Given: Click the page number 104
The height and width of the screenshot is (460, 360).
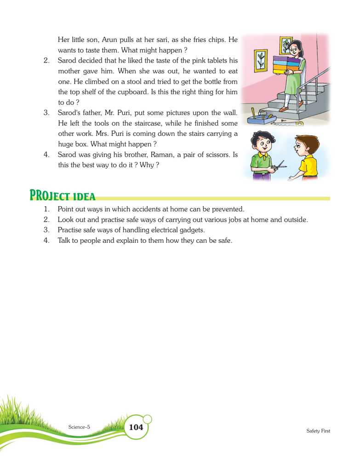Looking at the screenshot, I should pos(136,427).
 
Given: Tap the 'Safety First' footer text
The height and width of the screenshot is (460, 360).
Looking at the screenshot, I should pos(318,431).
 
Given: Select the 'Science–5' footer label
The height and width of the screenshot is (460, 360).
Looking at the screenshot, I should pos(79,427).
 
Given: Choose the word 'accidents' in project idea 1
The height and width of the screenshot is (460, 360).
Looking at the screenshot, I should pos(145,209).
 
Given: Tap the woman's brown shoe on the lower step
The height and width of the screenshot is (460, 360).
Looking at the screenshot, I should pos(284,109).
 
